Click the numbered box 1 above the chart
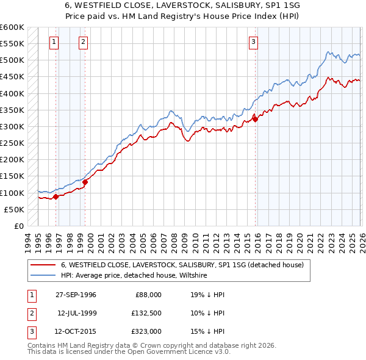point(54,42)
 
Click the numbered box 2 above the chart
point(83,42)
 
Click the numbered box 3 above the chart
point(253,42)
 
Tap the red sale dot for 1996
point(56,196)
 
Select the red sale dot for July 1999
point(85,182)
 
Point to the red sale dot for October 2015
point(255,119)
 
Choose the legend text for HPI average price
point(134,276)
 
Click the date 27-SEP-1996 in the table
point(76,295)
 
